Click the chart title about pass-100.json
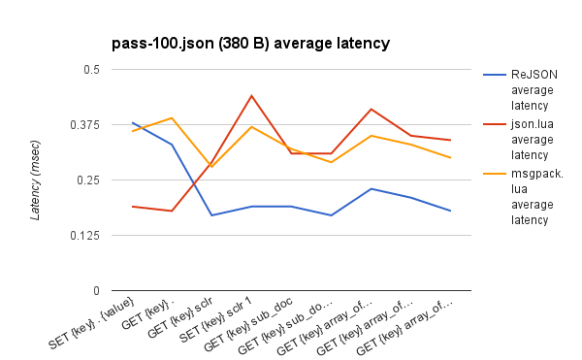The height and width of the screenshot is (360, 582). pyautogui.click(x=251, y=43)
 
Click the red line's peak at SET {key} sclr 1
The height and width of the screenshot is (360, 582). pyautogui.click(x=252, y=96)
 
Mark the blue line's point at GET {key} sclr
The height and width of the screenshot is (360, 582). pyautogui.click(x=212, y=215)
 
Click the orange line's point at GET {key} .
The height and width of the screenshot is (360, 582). pyautogui.click(x=173, y=118)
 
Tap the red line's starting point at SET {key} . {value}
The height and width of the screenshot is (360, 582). pyautogui.click(x=133, y=207)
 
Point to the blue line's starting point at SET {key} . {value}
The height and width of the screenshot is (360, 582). pyautogui.click(x=133, y=123)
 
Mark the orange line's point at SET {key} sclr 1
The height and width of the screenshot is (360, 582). pyautogui.click(x=252, y=127)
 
